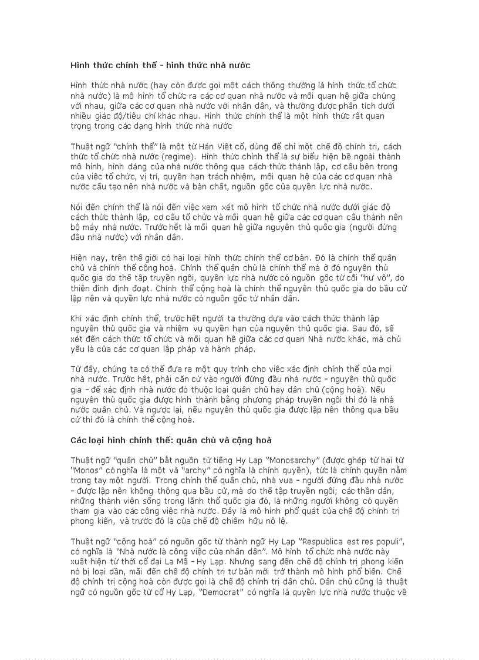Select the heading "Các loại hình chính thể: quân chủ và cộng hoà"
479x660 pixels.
tap(171, 440)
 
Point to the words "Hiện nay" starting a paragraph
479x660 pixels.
tap(86, 259)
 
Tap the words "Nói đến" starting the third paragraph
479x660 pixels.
tap(86, 207)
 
